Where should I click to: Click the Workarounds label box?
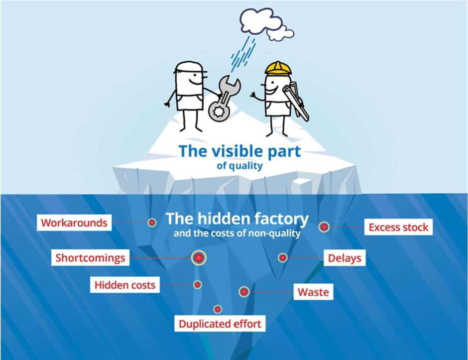[x=74, y=223]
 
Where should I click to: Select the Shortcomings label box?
[x=90, y=258]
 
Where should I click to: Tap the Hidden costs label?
[x=125, y=285]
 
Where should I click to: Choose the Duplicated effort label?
[x=220, y=324]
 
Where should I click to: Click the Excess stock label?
[x=398, y=228]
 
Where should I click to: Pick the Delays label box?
[x=345, y=258]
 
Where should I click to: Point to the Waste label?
[x=313, y=292]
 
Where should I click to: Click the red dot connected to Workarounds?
[x=152, y=223]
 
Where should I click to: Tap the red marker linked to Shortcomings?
[x=199, y=257]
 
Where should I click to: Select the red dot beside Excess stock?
[x=324, y=227]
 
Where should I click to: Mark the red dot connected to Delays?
[x=283, y=257]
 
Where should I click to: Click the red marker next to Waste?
[x=244, y=292]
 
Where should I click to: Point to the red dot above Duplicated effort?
[x=218, y=309]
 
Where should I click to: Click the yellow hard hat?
[x=277, y=68]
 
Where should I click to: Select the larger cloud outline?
[x=256, y=20]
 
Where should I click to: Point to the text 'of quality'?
[x=239, y=166]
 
